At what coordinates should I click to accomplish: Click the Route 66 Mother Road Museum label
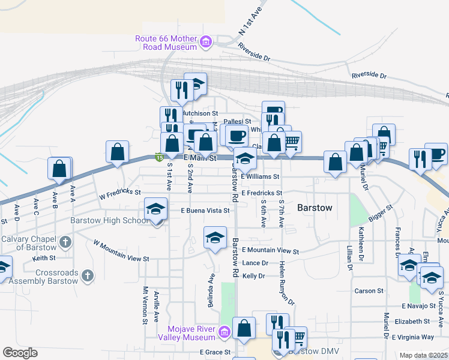click(166, 43)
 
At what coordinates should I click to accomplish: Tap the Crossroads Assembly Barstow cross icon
click(88, 276)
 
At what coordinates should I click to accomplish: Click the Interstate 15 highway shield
click(158, 157)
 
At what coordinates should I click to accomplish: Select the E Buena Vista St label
click(205, 211)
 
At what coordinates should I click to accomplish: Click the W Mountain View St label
click(121, 250)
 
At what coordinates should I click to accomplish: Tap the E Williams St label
click(260, 176)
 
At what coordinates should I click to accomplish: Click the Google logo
click(20, 353)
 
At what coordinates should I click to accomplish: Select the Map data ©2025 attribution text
click(423, 355)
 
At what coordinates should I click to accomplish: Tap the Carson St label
click(369, 290)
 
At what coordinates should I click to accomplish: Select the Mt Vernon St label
click(145, 305)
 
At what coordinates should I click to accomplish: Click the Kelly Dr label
click(253, 275)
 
